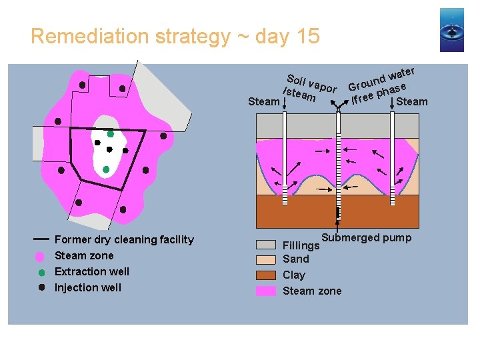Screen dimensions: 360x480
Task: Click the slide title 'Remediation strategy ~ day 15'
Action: pos(175,36)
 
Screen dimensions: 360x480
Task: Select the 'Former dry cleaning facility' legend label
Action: pos(124,239)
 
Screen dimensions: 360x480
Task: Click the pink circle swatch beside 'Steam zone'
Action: pos(40,256)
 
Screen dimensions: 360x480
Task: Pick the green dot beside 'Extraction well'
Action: pos(41,272)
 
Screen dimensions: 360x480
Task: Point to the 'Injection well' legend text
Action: pos(87,287)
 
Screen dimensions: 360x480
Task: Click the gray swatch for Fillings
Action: pos(266,245)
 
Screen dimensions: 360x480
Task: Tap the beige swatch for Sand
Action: pos(266,259)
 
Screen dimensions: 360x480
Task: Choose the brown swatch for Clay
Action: pos(266,275)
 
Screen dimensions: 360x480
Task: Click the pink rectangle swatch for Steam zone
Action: pos(266,291)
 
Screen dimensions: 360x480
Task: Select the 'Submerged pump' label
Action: pos(367,238)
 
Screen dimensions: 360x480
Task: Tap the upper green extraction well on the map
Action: pos(111,134)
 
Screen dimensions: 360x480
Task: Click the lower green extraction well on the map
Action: pos(106,169)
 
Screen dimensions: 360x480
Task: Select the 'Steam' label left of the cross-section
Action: pos(263,101)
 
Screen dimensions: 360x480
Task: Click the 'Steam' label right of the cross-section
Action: pos(412,101)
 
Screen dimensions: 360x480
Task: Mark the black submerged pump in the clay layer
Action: pos(339,213)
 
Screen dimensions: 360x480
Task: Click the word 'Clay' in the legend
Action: pos(294,275)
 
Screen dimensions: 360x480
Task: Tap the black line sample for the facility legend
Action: pos(41,238)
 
